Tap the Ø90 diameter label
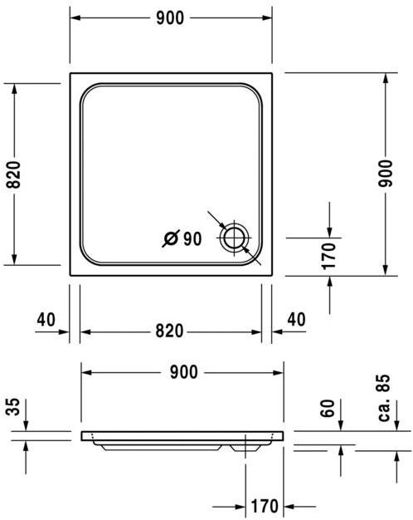click(182, 239)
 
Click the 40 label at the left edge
click(46, 319)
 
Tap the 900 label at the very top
click(171, 18)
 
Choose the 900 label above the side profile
click(182, 372)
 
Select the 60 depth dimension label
click(328, 408)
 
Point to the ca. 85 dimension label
click(383, 397)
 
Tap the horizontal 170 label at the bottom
click(264, 506)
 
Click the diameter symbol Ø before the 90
click(170, 239)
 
